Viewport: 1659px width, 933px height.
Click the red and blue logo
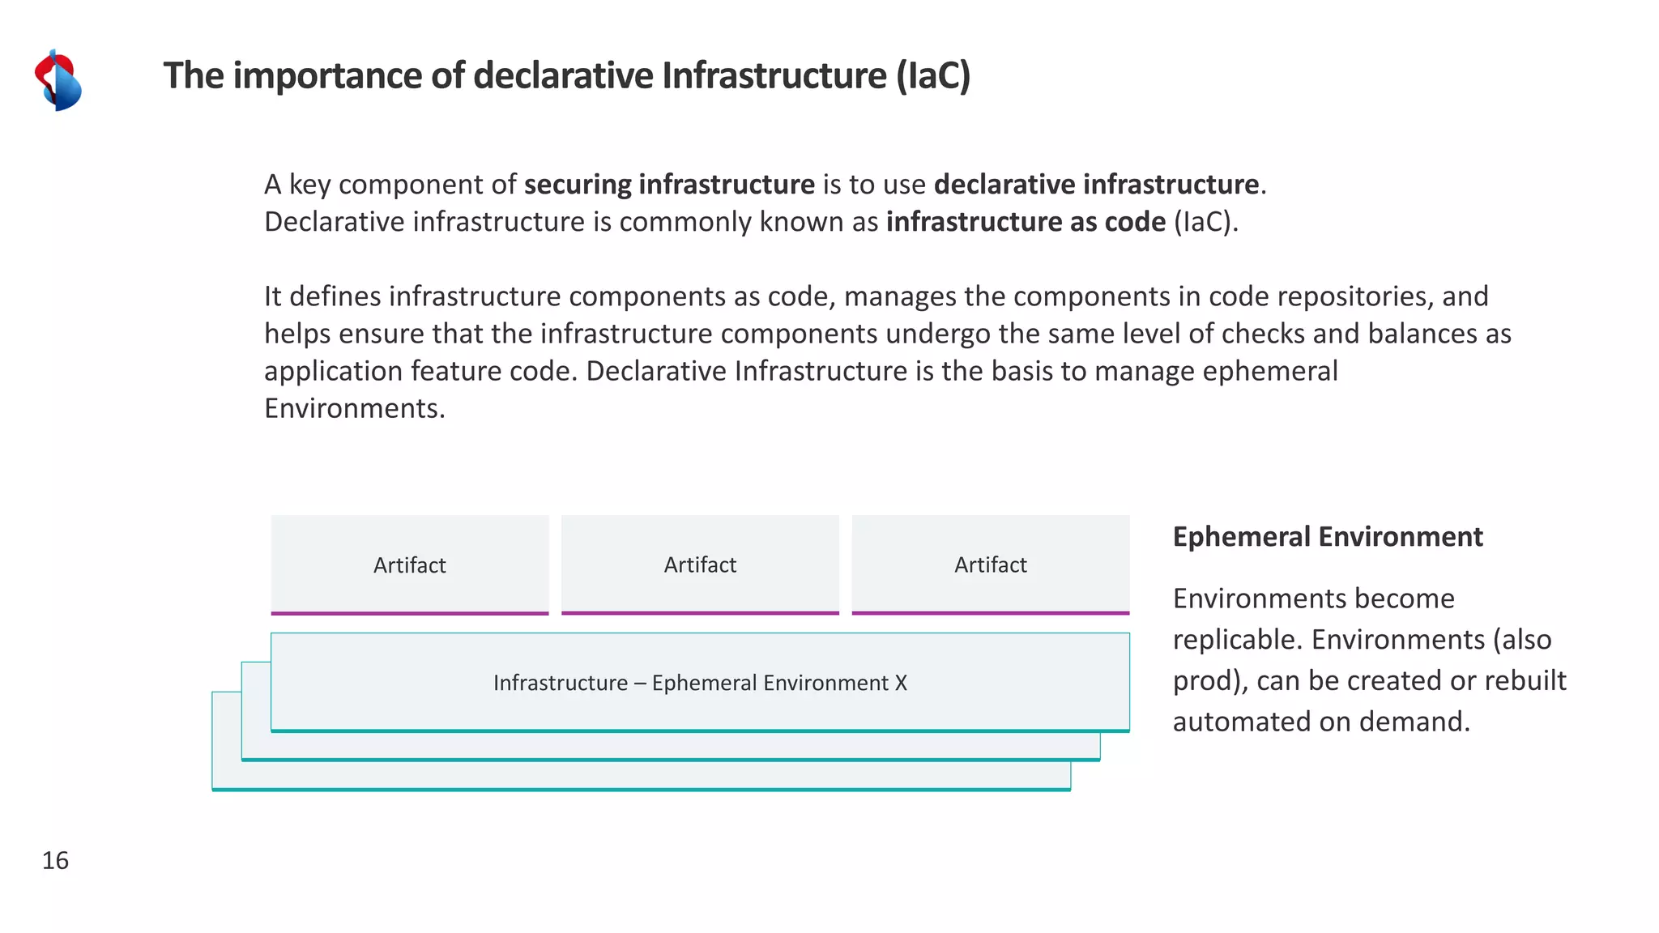point(58,80)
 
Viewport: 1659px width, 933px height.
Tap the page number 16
point(55,860)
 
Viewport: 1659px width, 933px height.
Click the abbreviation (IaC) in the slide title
point(932,76)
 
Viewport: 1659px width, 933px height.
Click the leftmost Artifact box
point(410,564)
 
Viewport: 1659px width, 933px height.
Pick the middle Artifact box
point(700,564)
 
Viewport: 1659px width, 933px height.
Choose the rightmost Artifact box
point(990,564)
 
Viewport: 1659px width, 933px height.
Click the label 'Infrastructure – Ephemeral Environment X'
point(700,683)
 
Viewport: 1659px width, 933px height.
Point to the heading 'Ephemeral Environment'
point(1328,537)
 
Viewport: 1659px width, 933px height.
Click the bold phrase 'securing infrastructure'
point(669,185)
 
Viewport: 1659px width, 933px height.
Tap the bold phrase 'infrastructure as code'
point(1026,222)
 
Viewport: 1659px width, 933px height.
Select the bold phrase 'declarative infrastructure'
point(1096,185)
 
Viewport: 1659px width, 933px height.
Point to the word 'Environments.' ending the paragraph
point(355,408)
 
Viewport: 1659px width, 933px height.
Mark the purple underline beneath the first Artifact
point(410,613)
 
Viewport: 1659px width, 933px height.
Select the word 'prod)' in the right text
point(1210,681)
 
